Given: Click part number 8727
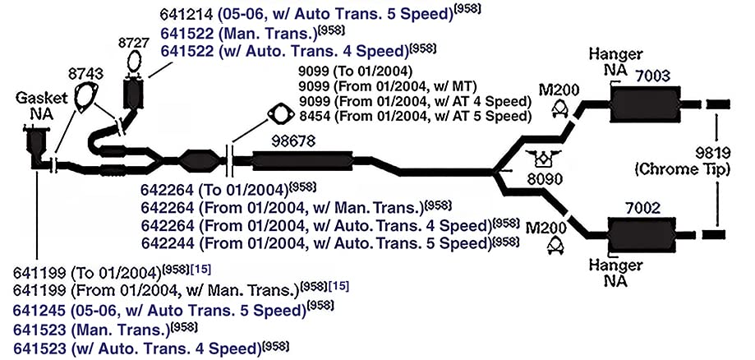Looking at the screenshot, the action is [133, 43].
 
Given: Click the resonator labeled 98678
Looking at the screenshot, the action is [302, 160].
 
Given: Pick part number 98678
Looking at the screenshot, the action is [293, 141].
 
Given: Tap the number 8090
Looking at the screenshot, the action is [544, 179].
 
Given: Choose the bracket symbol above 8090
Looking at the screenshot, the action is [544, 159].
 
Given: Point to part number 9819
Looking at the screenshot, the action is [713, 154].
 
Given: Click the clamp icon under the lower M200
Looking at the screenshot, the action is [555, 247].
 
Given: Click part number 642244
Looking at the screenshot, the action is [168, 243].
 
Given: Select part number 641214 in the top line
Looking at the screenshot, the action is [186, 14].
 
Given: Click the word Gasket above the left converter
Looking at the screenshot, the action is [42, 98].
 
